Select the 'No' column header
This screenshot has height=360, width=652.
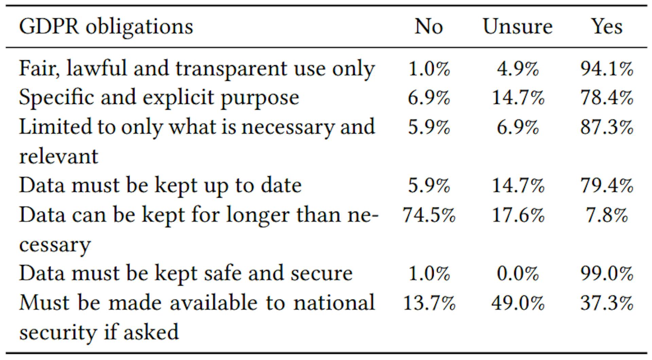pyautogui.click(x=429, y=26)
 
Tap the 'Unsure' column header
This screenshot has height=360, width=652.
pyautogui.click(x=518, y=26)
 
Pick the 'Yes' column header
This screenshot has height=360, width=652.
pyautogui.click(x=607, y=26)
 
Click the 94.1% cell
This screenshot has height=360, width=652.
pyautogui.click(x=607, y=69)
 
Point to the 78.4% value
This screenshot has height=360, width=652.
pyautogui.click(x=607, y=98)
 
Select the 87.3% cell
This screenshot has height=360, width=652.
pyautogui.click(x=607, y=127)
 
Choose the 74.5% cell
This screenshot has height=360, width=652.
pyautogui.click(x=429, y=215)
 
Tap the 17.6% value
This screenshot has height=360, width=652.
pyautogui.click(x=518, y=215)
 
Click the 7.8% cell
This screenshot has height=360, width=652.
pyautogui.click(x=607, y=215)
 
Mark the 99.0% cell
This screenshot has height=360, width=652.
pyautogui.click(x=607, y=273)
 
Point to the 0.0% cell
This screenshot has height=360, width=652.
pyautogui.click(x=518, y=273)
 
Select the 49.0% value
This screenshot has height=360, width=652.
pyautogui.click(x=518, y=303)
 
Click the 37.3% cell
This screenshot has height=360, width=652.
pyautogui.click(x=607, y=303)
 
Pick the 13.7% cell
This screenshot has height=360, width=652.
pyautogui.click(x=429, y=303)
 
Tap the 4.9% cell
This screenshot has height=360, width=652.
pyautogui.click(x=518, y=69)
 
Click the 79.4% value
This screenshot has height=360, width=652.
pyautogui.click(x=607, y=186)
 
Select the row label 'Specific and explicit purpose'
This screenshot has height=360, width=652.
pyautogui.click(x=159, y=98)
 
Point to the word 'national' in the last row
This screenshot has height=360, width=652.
pyautogui.click(x=334, y=302)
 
